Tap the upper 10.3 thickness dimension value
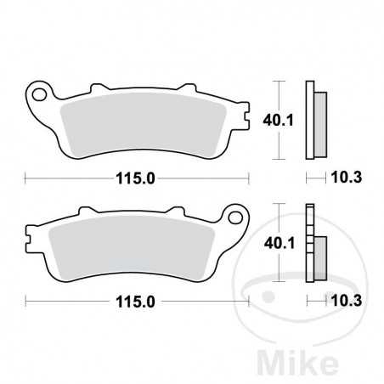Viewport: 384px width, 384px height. [x=341, y=178]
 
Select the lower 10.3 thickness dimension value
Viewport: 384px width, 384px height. [x=341, y=302]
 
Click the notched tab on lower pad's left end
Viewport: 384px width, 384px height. [x=31, y=246]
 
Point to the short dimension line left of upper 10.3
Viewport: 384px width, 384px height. [x=315, y=178]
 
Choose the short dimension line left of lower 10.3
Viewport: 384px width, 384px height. [x=315, y=302]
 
